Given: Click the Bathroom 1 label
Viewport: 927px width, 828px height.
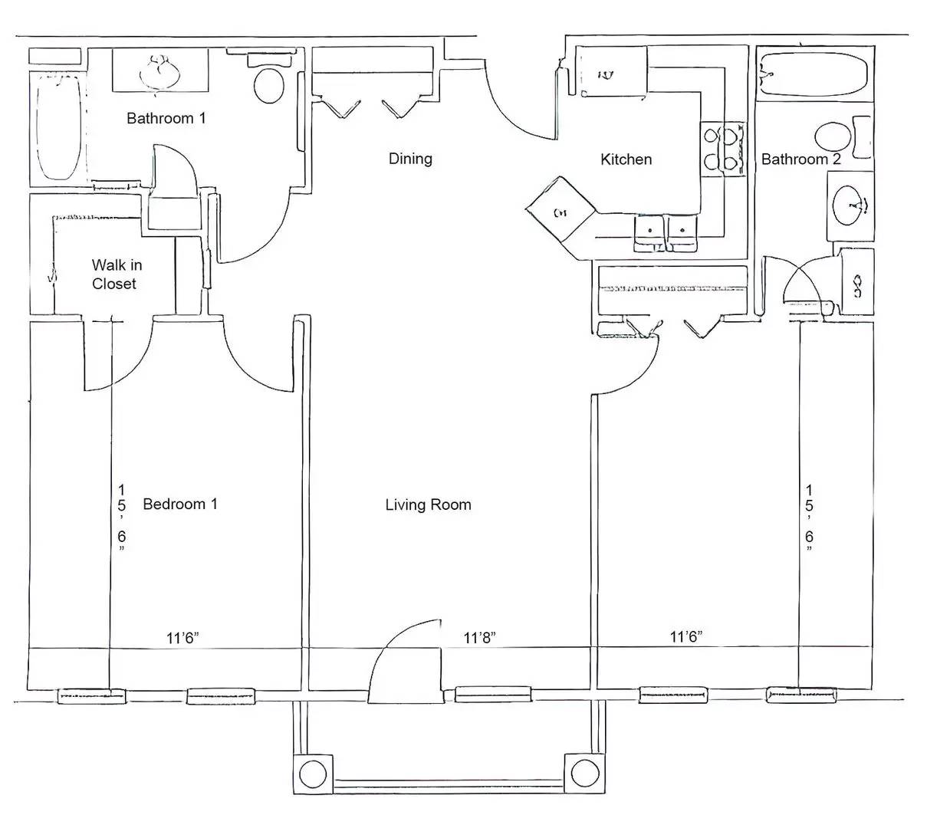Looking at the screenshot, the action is coord(166,119).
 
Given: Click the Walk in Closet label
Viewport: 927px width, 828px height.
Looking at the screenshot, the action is coord(117,274).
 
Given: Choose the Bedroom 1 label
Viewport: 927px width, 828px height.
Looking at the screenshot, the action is coord(180,504).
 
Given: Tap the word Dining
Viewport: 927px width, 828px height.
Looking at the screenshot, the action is coord(410,159).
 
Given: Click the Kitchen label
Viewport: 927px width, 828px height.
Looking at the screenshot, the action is coord(626,159).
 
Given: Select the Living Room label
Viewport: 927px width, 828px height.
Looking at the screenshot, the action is coord(428,504).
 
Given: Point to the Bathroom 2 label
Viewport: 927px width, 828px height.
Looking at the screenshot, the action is coord(800,159).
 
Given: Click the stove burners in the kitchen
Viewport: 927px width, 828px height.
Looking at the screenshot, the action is coord(722,149).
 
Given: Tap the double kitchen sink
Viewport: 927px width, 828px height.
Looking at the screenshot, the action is coord(666,233).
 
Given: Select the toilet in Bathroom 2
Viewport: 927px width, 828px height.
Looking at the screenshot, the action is coord(843,137).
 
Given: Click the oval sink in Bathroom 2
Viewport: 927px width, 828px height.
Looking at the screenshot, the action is coord(850,205).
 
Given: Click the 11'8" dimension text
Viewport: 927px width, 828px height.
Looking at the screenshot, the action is coord(479,638).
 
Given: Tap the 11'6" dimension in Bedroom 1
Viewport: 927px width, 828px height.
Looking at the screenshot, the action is coord(182,638).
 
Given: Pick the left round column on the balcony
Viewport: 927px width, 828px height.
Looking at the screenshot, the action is coord(313,774).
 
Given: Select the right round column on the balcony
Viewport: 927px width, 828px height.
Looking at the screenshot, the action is coord(585,773).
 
